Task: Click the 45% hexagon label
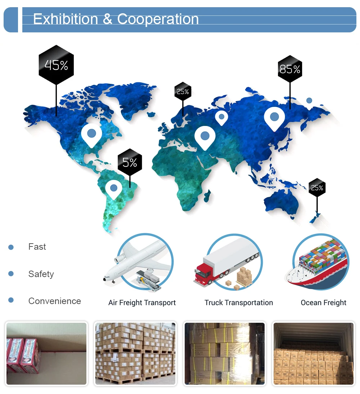(56, 65)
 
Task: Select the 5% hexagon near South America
(130, 163)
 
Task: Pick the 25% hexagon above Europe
(183, 91)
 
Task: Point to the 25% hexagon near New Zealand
(317, 187)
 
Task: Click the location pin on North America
(91, 134)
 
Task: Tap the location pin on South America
(114, 188)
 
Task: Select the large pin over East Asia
(274, 117)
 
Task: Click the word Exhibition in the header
(66, 19)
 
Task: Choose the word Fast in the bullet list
(37, 247)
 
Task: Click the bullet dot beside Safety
(11, 274)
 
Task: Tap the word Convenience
(54, 301)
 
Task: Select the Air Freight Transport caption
(142, 303)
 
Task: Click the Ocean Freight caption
(323, 303)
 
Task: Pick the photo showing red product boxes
(46, 354)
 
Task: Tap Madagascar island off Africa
(207, 196)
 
